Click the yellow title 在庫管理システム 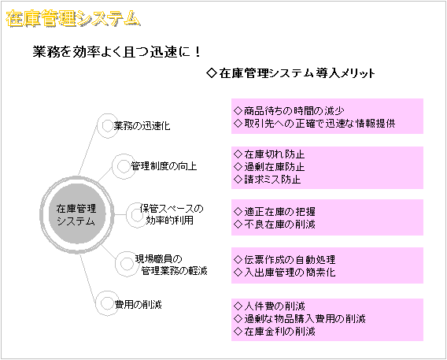point(73,19)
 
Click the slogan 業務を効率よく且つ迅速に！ point(117,52)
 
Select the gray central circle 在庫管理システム point(76,214)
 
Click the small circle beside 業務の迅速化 point(107,126)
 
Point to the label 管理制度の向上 point(164,166)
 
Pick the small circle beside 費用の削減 point(107,303)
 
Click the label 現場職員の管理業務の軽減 point(172,265)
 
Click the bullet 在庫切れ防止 point(269,154)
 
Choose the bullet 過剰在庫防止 point(269,167)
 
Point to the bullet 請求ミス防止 point(267,180)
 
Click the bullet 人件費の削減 point(269,306)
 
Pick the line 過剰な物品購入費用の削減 point(300,318)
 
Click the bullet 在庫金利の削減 point(275,331)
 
